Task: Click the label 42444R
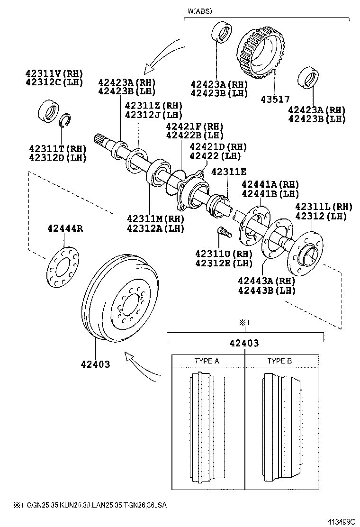pyautogui.click(x=65, y=228)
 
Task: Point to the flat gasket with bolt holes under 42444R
pyautogui.click(x=63, y=266)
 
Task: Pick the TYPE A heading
pyautogui.click(x=207, y=361)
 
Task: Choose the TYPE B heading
pyautogui.click(x=279, y=361)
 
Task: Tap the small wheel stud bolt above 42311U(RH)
pyautogui.click(x=222, y=232)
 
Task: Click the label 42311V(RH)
pyautogui.click(x=54, y=73)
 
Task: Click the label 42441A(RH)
pyautogui.click(x=270, y=184)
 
